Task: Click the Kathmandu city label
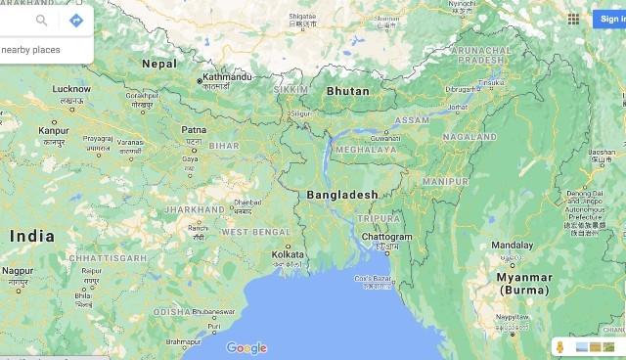tap(227, 76)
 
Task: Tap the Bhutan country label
tap(348, 91)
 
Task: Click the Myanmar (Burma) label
tap(524, 283)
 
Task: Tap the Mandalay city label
tap(512, 245)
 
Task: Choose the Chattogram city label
tap(386, 237)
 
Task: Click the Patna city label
tap(194, 129)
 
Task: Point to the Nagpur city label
tap(18, 270)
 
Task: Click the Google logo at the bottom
tap(246, 347)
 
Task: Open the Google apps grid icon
tap(573, 19)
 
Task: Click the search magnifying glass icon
tap(42, 20)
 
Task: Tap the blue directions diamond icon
tap(75, 20)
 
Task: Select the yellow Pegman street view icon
tap(559, 347)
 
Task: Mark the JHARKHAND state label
tap(194, 209)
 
